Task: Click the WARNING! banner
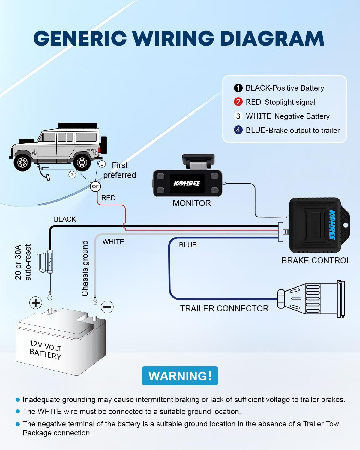pos(180,376)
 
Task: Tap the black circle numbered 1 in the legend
pos(238,88)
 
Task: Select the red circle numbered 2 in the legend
pos(238,102)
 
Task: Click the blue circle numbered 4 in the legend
pos(238,130)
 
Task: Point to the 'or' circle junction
pos(95,186)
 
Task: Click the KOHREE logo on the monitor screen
pos(187,183)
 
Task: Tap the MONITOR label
pos(192,203)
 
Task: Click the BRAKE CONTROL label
pos(316,260)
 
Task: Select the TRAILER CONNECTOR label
pos(224,308)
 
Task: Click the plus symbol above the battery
pos(36,303)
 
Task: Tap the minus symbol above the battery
pos(107,307)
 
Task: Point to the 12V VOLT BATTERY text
pos(46,350)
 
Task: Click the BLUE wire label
pos(188,245)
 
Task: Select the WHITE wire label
pos(113,242)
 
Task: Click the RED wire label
pos(108,198)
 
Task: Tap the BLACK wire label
pos(65,219)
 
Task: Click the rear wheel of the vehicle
pos(82,162)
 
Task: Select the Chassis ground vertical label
pos(85,268)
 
